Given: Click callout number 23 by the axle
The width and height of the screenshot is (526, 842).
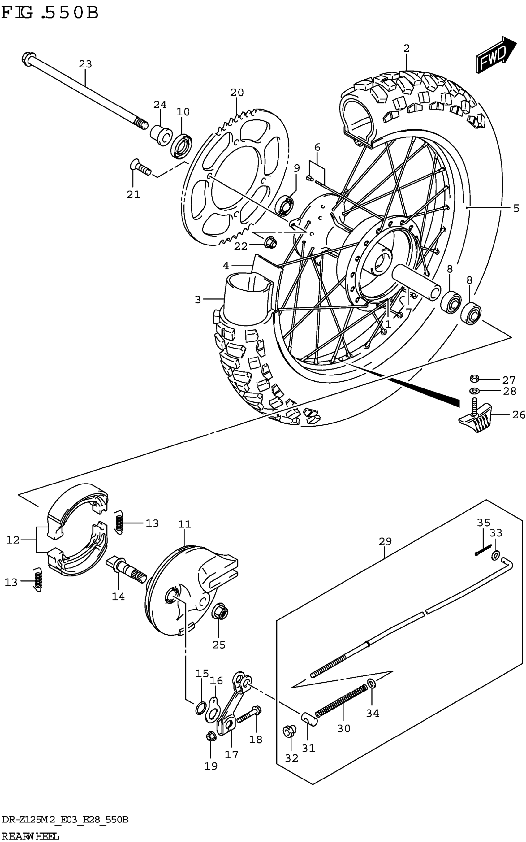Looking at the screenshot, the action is (85, 64).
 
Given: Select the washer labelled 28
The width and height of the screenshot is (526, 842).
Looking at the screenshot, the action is (474, 390).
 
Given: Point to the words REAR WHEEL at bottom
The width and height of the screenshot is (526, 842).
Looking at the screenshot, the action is (31, 835).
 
